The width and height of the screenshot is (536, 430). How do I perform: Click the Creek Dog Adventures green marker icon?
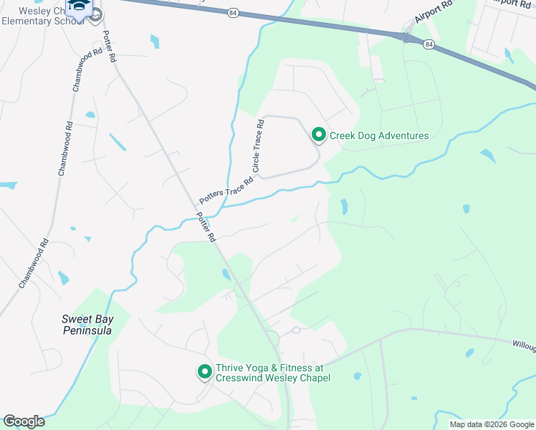pyautogui.click(x=318, y=135)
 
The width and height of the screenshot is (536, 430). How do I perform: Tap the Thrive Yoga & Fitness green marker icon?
pyautogui.click(x=204, y=371)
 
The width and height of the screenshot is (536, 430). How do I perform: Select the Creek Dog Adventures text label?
pyautogui.click(x=378, y=135)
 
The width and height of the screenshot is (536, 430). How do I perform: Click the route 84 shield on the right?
pyautogui.click(x=429, y=44)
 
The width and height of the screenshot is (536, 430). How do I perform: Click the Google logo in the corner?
pyautogui.click(x=24, y=421)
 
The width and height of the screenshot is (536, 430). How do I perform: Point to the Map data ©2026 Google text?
pyautogui.click(x=491, y=424)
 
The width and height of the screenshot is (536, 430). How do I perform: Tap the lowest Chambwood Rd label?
pyautogui.click(x=34, y=263)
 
